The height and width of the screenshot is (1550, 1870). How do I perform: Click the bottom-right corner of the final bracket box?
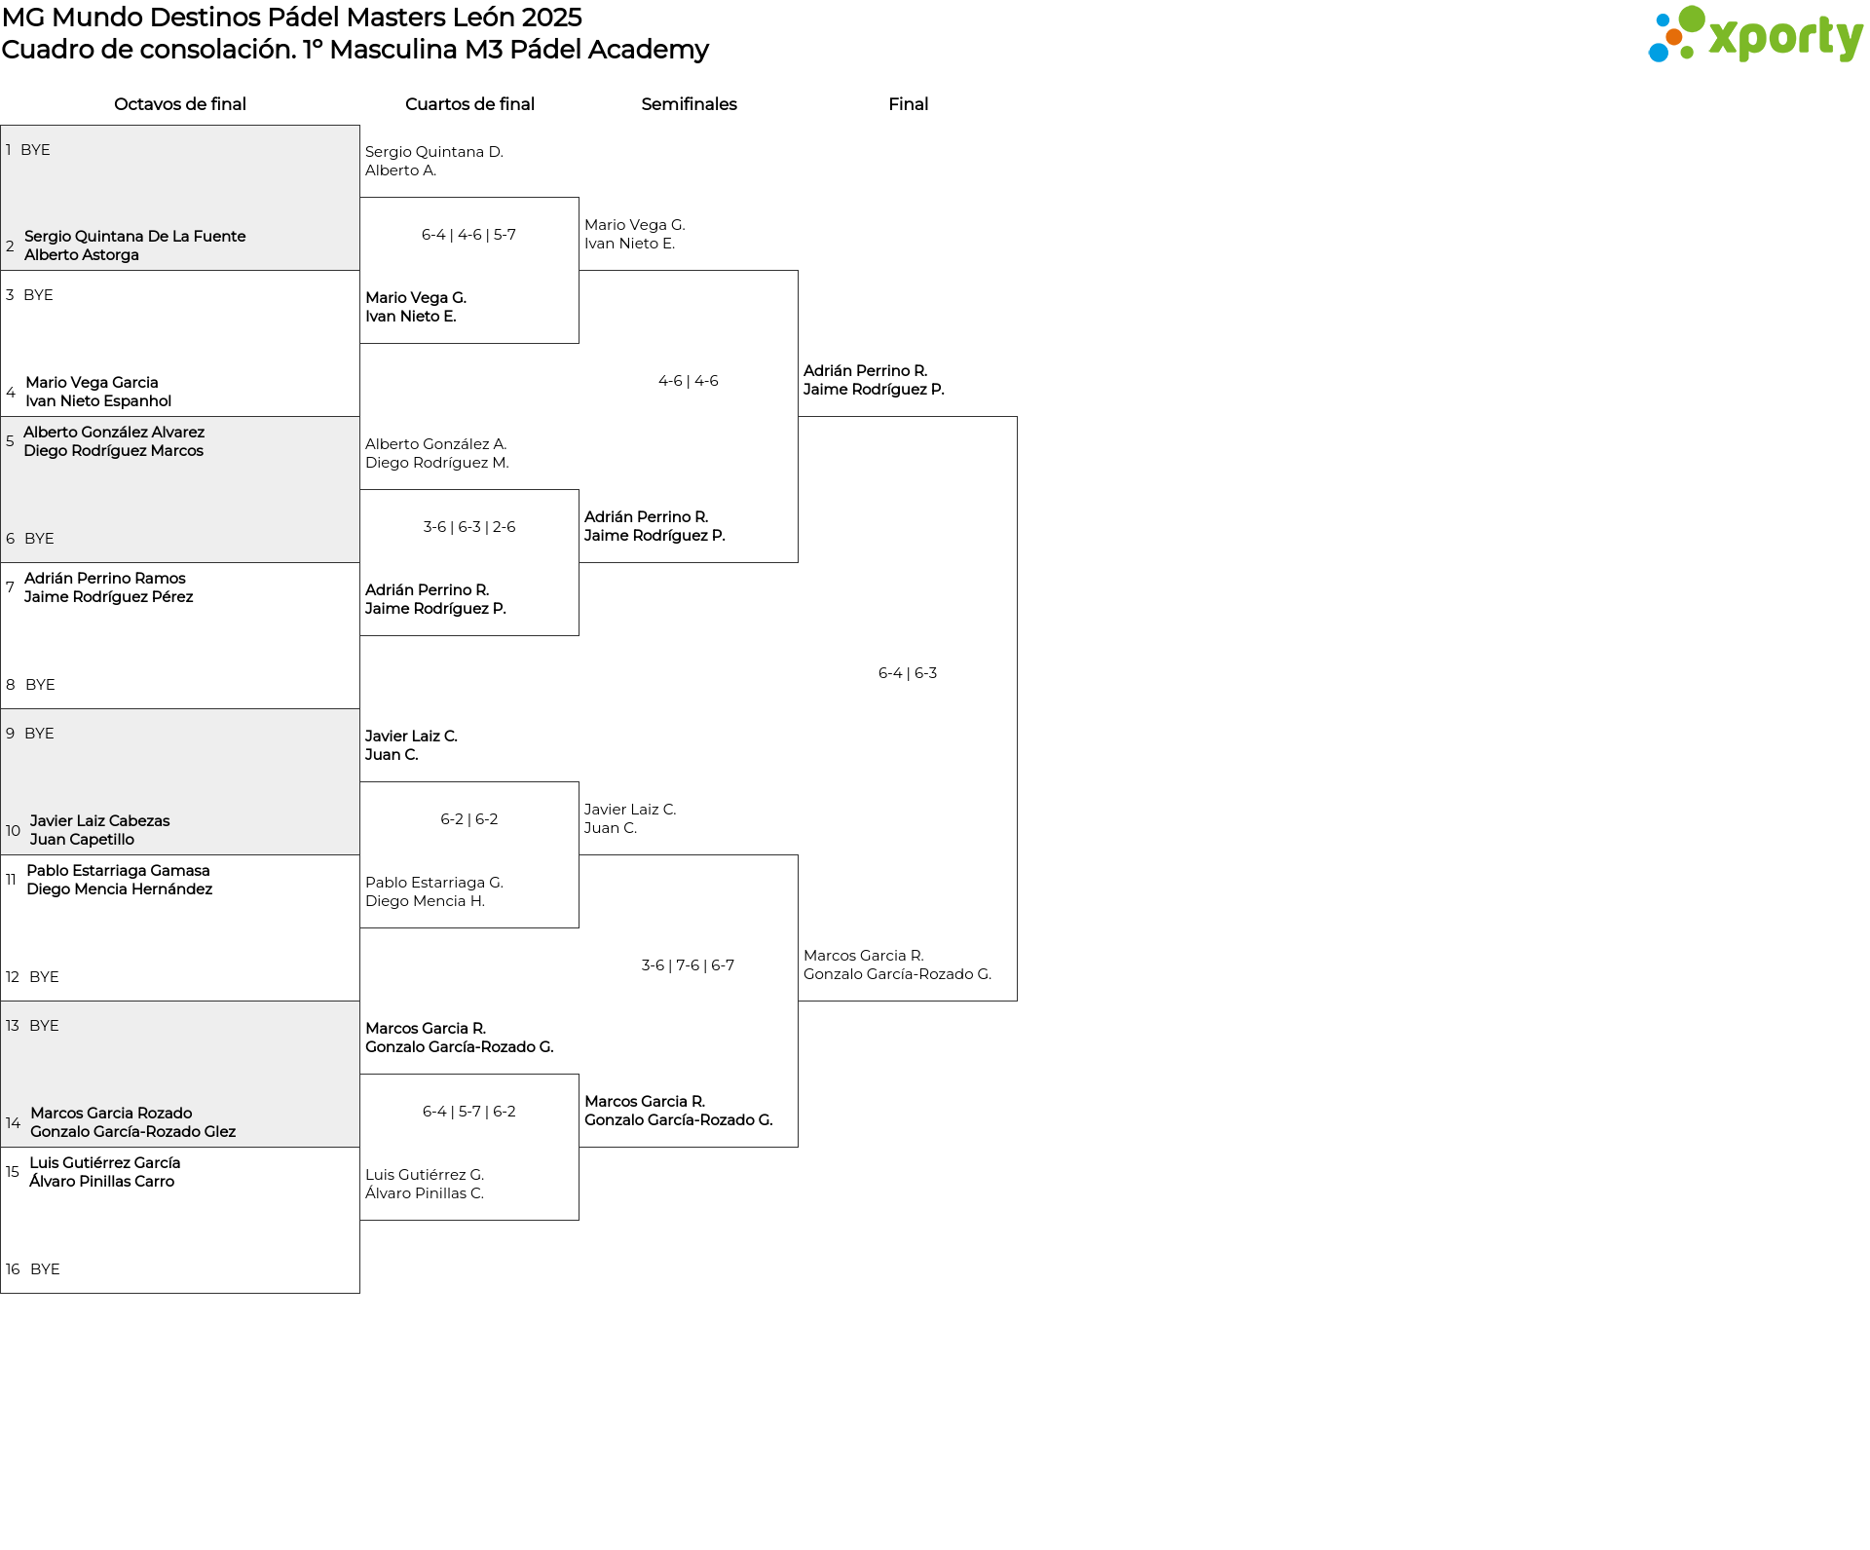click(x=1017, y=1001)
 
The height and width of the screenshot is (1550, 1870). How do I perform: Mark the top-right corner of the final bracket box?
click(x=1017, y=417)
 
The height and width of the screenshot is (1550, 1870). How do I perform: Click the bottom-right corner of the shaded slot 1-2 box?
click(x=359, y=270)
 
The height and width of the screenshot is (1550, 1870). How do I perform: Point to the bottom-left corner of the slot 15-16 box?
click(x=1, y=1293)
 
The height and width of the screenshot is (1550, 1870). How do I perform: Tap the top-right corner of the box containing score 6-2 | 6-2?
click(x=579, y=782)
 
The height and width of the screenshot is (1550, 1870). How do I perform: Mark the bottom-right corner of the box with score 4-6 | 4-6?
click(x=798, y=562)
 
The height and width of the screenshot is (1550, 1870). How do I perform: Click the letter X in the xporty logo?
click(x=1727, y=38)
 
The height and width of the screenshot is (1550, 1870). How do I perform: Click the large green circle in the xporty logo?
click(x=1692, y=19)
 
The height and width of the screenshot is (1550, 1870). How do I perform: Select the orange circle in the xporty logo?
click(x=1673, y=37)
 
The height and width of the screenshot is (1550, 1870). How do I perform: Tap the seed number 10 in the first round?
click(x=13, y=831)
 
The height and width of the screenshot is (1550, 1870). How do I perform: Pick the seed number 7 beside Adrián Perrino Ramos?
click(x=10, y=587)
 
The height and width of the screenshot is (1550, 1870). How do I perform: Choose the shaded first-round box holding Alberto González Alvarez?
click(x=180, y=490)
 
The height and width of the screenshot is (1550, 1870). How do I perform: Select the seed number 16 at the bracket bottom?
click(x=13, y=1269)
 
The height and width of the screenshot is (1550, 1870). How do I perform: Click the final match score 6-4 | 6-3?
click(x=908, y=673)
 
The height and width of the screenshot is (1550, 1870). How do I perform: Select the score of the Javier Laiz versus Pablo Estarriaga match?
click(x=469, y=819)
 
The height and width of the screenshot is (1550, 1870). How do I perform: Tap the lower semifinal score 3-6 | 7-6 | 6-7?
click(x=688, y=965)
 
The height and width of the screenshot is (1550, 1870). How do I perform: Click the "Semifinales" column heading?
click(x=689, y=104)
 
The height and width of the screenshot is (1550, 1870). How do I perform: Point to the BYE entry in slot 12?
click(x=44, y=977)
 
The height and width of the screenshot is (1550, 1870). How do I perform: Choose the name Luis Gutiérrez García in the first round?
click(x=105, y=1163)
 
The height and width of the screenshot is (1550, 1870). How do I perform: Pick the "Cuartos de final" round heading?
click(x=469, y=104)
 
